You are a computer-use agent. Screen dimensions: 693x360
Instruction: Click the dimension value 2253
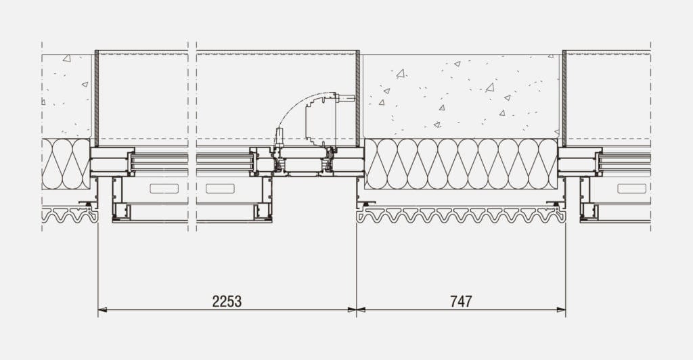pyautogui.click(x=227, y=301)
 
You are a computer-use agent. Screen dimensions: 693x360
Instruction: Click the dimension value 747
pyautogui.click(x=461, y=301)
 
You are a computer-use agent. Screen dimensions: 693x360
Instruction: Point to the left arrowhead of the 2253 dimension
pyautogui.click(x=102, y=310)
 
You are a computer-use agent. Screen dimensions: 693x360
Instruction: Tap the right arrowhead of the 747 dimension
pyautogui.click(x=561, y=310)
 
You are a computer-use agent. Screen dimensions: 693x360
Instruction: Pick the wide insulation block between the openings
pyautogui.click(x=462, y=164)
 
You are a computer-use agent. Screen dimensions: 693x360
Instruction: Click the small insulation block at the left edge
pyautogui.click(x=66, y=164)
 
